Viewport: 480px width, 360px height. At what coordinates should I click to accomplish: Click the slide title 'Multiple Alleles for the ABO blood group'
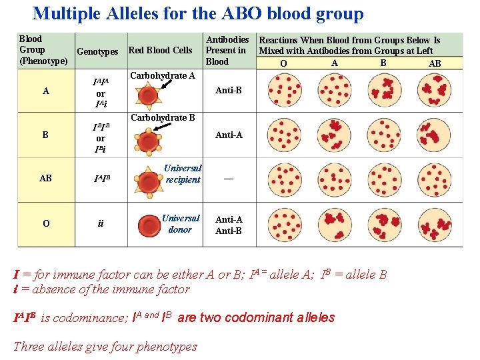[x=198, y=13]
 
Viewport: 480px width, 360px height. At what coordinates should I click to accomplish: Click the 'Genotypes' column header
[x=97, y=51]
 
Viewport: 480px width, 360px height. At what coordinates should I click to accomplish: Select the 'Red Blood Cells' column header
[x=160, y=50]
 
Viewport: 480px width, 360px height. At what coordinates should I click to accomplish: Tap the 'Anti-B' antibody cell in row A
[x=229, y=90]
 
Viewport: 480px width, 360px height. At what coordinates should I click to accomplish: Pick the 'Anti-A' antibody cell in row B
[x=229, y=135]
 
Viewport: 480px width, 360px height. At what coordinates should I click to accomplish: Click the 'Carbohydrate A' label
[x=163, y=75]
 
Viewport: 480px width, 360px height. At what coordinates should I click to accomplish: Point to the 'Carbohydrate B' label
[x=163, y=118]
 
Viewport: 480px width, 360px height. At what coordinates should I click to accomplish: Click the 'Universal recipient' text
[x=183, y=174]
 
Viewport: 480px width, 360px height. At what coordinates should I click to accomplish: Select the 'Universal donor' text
[x=180, y=223]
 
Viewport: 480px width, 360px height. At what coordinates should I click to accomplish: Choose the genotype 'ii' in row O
[x=101, y=224]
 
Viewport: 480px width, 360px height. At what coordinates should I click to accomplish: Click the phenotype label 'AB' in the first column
[x=45, y=179]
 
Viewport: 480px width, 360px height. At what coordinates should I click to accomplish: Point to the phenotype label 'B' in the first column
[x=45, y=135]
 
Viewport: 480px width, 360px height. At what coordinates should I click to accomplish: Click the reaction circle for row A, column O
[x=283, y=90]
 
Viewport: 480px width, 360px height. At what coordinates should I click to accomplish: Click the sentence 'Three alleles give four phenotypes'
[x=105, y=346]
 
